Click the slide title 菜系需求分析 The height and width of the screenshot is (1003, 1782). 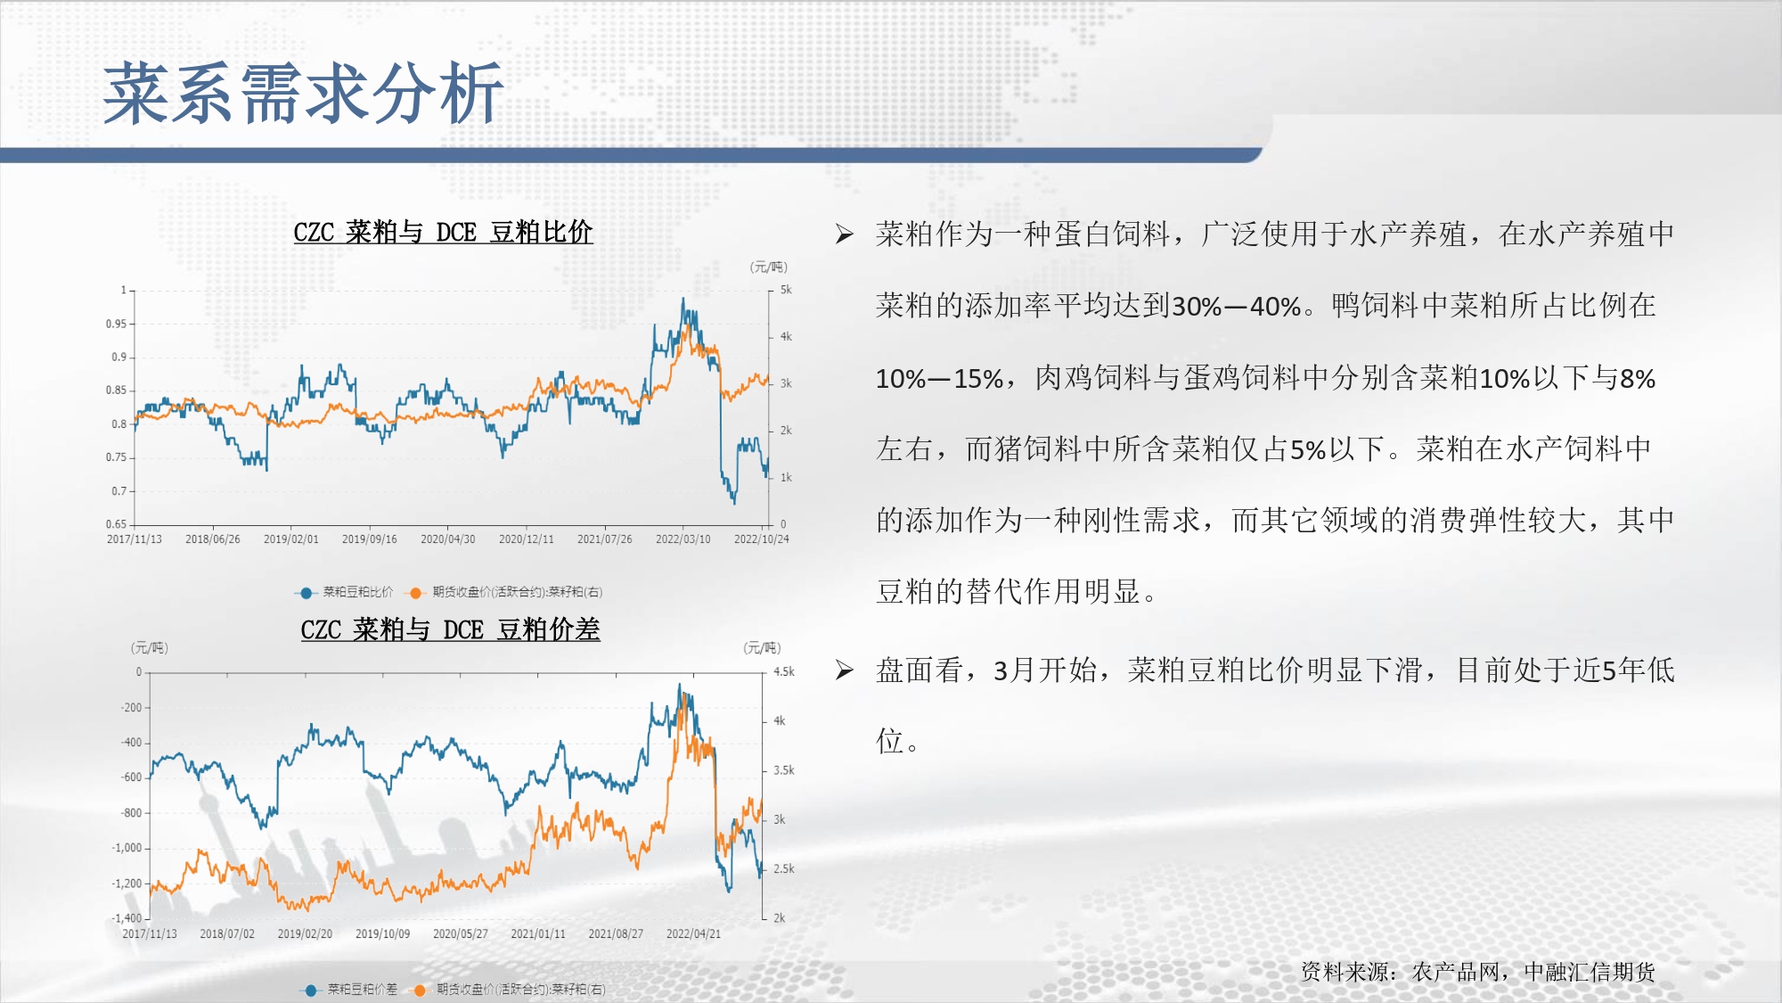[304, 94]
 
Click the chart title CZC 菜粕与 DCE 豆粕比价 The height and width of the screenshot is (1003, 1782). [443, 233]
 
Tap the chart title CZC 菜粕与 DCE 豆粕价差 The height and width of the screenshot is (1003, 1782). [450, 630]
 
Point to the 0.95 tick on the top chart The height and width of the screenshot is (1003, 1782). [116, 324]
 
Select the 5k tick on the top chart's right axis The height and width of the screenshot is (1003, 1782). [786, 290]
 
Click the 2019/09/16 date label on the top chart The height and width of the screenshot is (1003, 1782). [370, 539]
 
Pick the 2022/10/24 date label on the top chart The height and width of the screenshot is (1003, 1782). [762, 539]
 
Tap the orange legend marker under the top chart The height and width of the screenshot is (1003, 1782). [415, 593]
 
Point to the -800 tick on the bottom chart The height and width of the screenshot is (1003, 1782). [131, 813]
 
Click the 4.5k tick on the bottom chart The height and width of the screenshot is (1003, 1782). [784, 672]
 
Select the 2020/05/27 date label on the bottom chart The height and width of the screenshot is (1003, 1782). [461, 934]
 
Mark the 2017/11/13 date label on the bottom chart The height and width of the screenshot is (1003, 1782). [150, 934]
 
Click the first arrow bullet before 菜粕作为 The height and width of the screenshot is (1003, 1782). [845, 234]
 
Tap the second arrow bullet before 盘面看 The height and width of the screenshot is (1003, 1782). [845, 670]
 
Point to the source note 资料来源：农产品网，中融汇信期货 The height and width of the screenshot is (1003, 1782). [1478, 972]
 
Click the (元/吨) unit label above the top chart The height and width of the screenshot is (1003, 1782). [769, 267]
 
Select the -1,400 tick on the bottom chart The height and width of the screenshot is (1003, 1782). [127, 918]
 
